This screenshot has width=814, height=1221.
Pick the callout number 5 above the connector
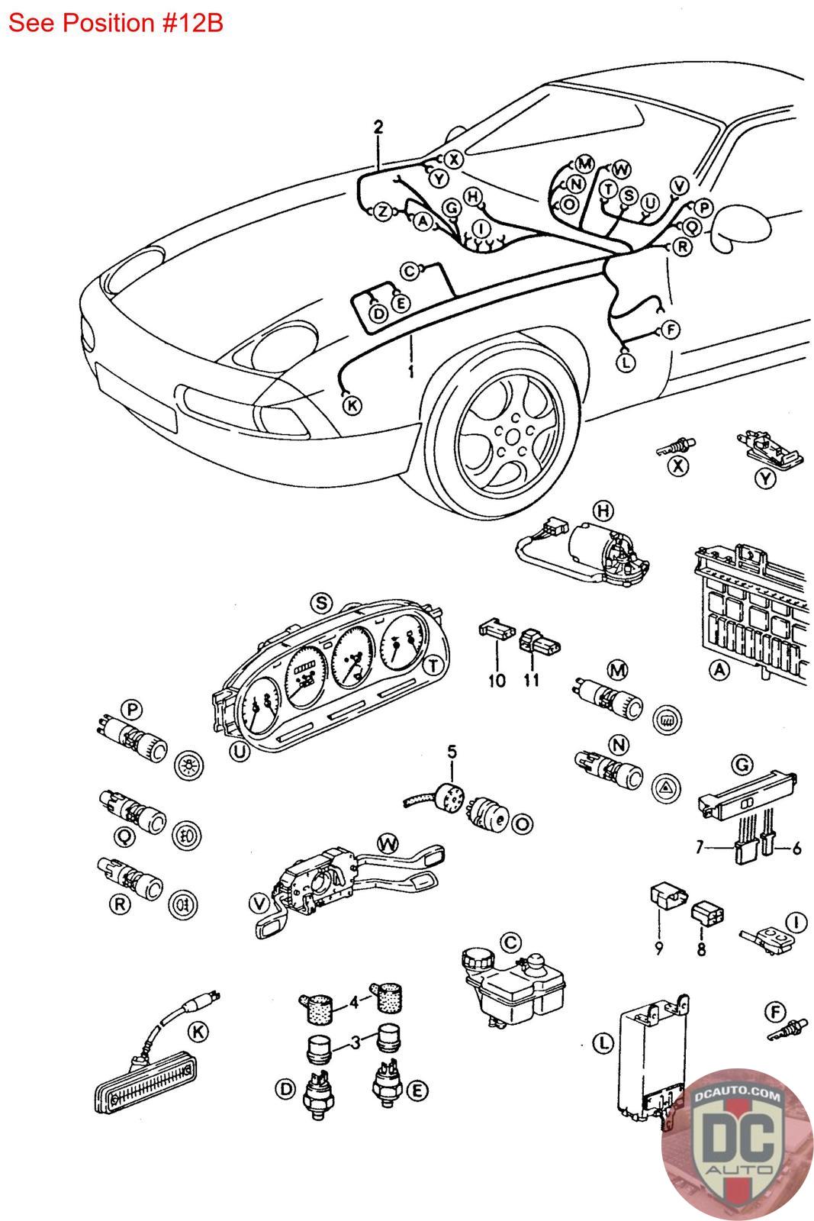[452, 752]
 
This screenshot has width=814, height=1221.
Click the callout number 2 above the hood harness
[378, 127]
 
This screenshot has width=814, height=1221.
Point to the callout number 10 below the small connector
[497, 680]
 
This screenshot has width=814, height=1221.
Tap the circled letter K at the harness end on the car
[352, 405]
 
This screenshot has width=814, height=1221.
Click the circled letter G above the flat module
[742, 765]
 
